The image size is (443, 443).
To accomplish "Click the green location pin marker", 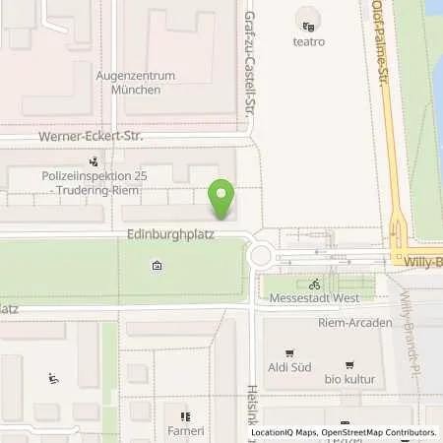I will click(224, 200).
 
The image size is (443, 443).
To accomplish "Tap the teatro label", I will click(308, 41).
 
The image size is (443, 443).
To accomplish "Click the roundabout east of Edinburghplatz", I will click(262, 256).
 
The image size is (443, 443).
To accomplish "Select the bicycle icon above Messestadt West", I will click(314, 284).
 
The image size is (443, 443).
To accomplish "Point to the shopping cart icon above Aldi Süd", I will click(288, 352).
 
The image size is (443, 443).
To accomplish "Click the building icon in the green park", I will click(157, 266).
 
